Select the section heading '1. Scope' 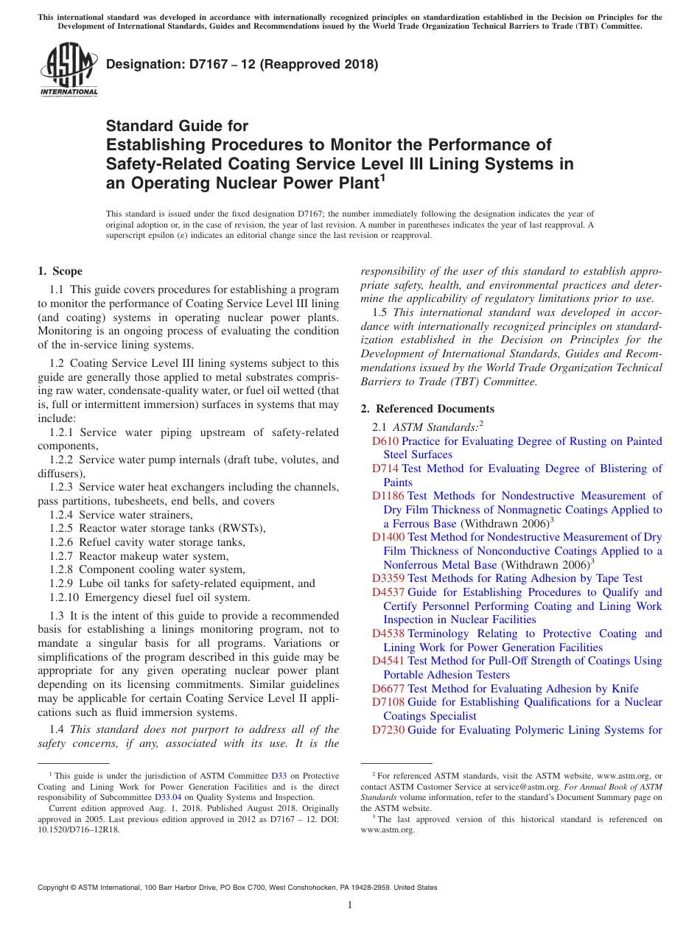(60, 271)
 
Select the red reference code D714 (385, 468)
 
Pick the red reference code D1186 (388, 496)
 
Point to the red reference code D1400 (388, 537)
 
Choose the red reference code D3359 (388, 578)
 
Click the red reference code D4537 (388, 592)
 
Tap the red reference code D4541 (388, 661)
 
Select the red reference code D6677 (388, 689)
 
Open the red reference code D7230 (388, 730)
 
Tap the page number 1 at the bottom (350, 905)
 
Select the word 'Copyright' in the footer (56, 888)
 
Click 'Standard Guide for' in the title (178, 126)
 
